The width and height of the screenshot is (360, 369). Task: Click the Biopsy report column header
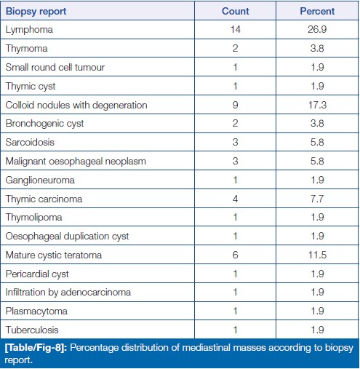click(36, 12)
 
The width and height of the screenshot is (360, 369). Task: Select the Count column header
click(236, 11)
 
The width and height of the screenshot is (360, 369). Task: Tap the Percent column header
click(317, 11)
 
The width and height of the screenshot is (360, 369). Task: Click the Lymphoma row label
click(29, 30)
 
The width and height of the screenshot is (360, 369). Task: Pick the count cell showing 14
click(236, 30)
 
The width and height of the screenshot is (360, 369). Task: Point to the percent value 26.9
click(317, 30)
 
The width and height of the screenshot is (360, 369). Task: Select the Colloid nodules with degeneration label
click(76, 106)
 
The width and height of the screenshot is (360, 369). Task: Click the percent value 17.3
click(317, 105)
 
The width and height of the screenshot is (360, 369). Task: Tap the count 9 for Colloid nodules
click(235, 105)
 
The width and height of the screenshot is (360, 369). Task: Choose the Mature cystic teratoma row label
click(54, 255)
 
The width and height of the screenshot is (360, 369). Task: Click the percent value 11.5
click(317, 255)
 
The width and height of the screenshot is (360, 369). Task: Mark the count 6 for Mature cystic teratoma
click(235, 255)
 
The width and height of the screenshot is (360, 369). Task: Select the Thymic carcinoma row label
click(44, 199)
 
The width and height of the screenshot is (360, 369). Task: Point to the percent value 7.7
click(317, 199)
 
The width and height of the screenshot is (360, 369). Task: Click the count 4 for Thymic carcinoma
click(235, 199)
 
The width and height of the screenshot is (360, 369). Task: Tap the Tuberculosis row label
click(32, 330)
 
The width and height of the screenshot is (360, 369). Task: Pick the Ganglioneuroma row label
click(40, 180)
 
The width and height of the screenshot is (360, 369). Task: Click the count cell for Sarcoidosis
click(235, 143)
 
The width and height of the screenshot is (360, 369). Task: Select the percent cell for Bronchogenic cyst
click(317, 124)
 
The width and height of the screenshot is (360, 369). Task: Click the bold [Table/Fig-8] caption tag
click(36, 348)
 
